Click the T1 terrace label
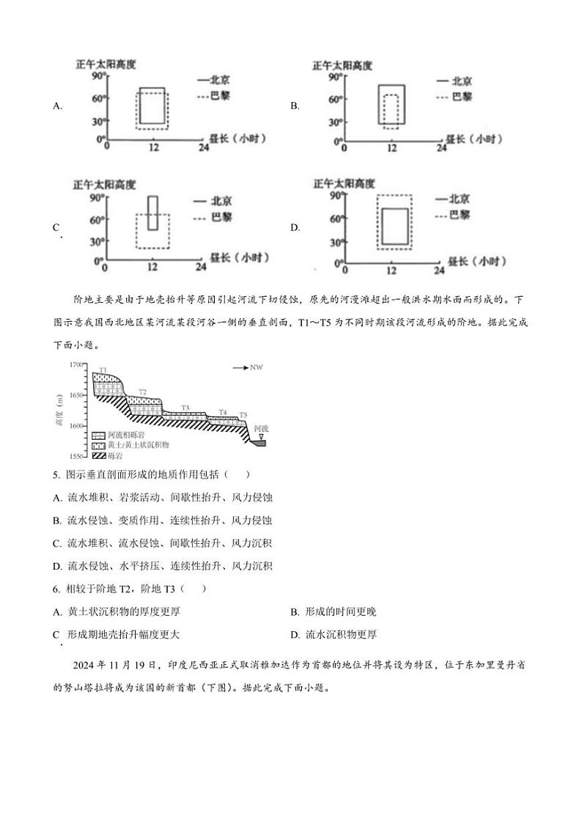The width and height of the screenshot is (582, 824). click(x=103, y=369)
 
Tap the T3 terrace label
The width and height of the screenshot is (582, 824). click(x=185, y=408)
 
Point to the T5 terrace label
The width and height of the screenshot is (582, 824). click(x=243, y=415)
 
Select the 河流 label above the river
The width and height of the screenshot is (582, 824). click(x=261, y=427)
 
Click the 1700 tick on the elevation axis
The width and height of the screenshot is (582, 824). click(x=76, y=364)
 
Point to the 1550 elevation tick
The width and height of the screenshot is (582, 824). click(x=76, y=457)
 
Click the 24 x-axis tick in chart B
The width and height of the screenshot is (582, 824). click(x=441, y=149)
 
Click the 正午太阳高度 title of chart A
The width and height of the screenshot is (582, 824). click(x=105, y=65)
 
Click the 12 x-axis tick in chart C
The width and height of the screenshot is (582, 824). click(x=153, y=268)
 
